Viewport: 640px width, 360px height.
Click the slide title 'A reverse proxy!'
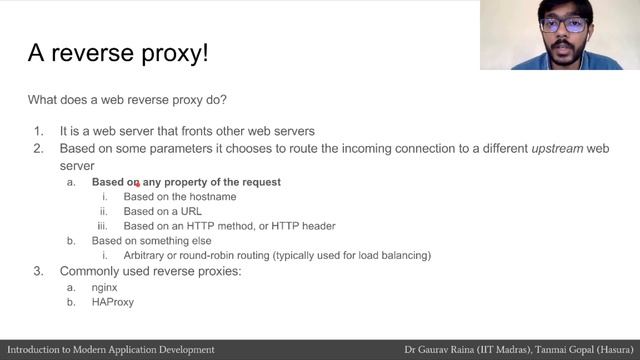pyautogui.click(x=118, y=53)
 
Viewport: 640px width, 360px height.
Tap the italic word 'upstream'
pyautogui.click(x=558, y=148)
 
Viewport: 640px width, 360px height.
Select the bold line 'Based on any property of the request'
pyautogui.click(x=186, y=182)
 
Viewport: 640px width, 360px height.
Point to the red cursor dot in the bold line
pyautogui.click(x=137, y=184)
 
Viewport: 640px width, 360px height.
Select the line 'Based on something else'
pyautogui.click(x=151, y=241)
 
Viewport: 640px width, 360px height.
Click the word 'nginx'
pyautogui.click(x=105, y=287)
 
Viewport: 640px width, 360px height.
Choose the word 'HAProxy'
pyautogui.click(x=112, y=301)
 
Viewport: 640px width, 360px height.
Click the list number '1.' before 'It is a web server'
pyautogui.click(x=38, y=131)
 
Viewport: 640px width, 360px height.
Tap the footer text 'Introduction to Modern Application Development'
pyautogui.click(x=111, y=350)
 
